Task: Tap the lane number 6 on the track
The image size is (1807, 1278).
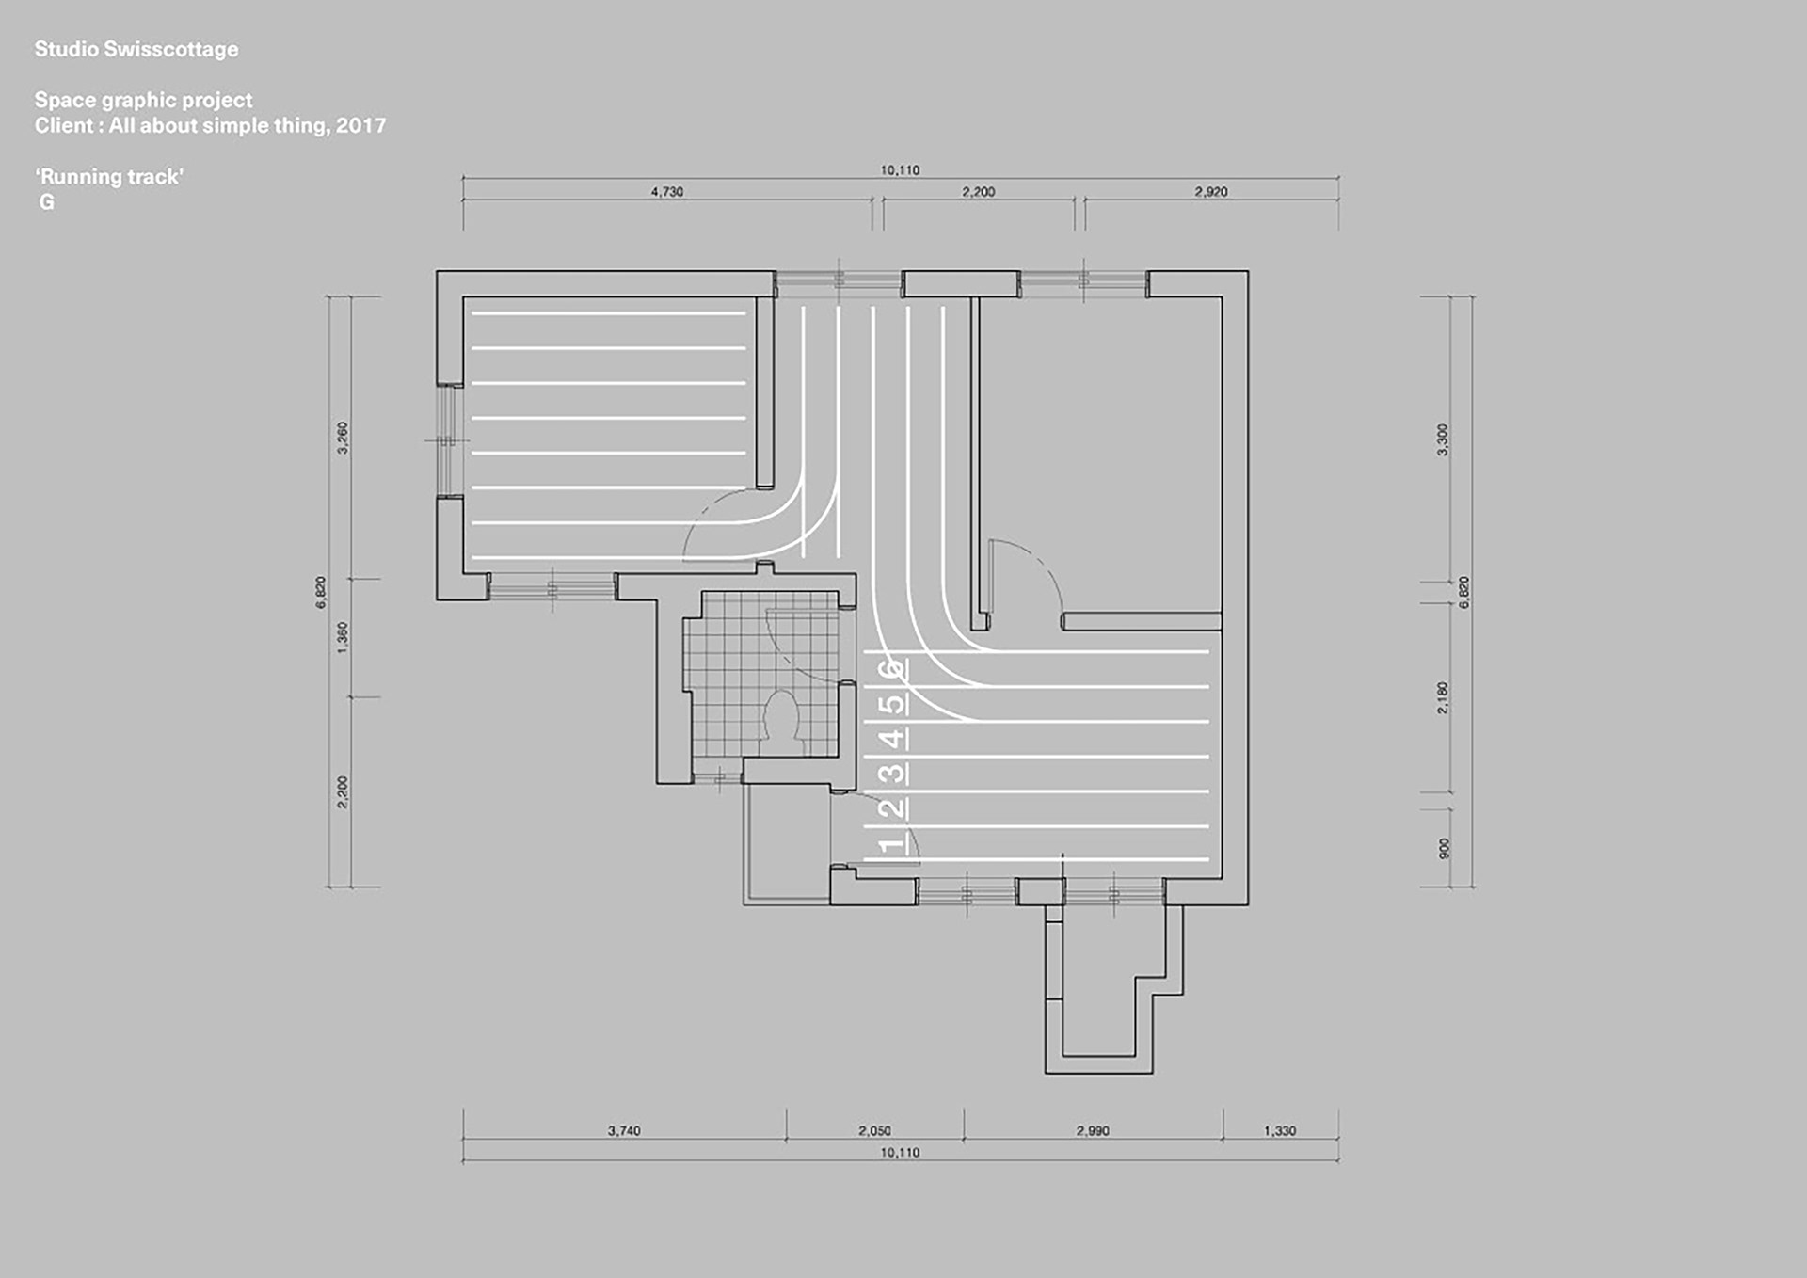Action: tap(890, 669)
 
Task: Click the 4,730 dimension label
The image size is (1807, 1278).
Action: tap(667, 192)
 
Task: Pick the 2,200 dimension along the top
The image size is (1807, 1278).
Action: tap(978, 192)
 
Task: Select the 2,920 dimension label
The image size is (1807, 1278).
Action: tap(1211, 192)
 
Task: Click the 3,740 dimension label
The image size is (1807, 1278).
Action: tap(624, 1130)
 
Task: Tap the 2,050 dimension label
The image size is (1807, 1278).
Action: tap(874, 1130)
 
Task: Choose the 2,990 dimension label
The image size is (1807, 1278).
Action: tap(1093, 1130)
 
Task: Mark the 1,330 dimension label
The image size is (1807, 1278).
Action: tap(1280, 1130)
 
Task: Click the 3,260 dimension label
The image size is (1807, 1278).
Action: tap(343, 438)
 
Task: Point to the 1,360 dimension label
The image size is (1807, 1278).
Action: tap(343, 637)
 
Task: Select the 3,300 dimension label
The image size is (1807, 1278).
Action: tap(1443, 439)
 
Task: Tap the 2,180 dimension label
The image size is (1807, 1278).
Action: tap(1443, 697)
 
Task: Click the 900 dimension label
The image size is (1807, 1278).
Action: tap(1444, 848)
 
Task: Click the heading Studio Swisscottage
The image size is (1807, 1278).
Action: tap(136, 49)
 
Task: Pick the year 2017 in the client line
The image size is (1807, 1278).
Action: tap(360, 125)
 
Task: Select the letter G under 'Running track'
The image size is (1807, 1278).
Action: tap(46, 202)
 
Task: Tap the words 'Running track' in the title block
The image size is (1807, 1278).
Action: tap(109, 176)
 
